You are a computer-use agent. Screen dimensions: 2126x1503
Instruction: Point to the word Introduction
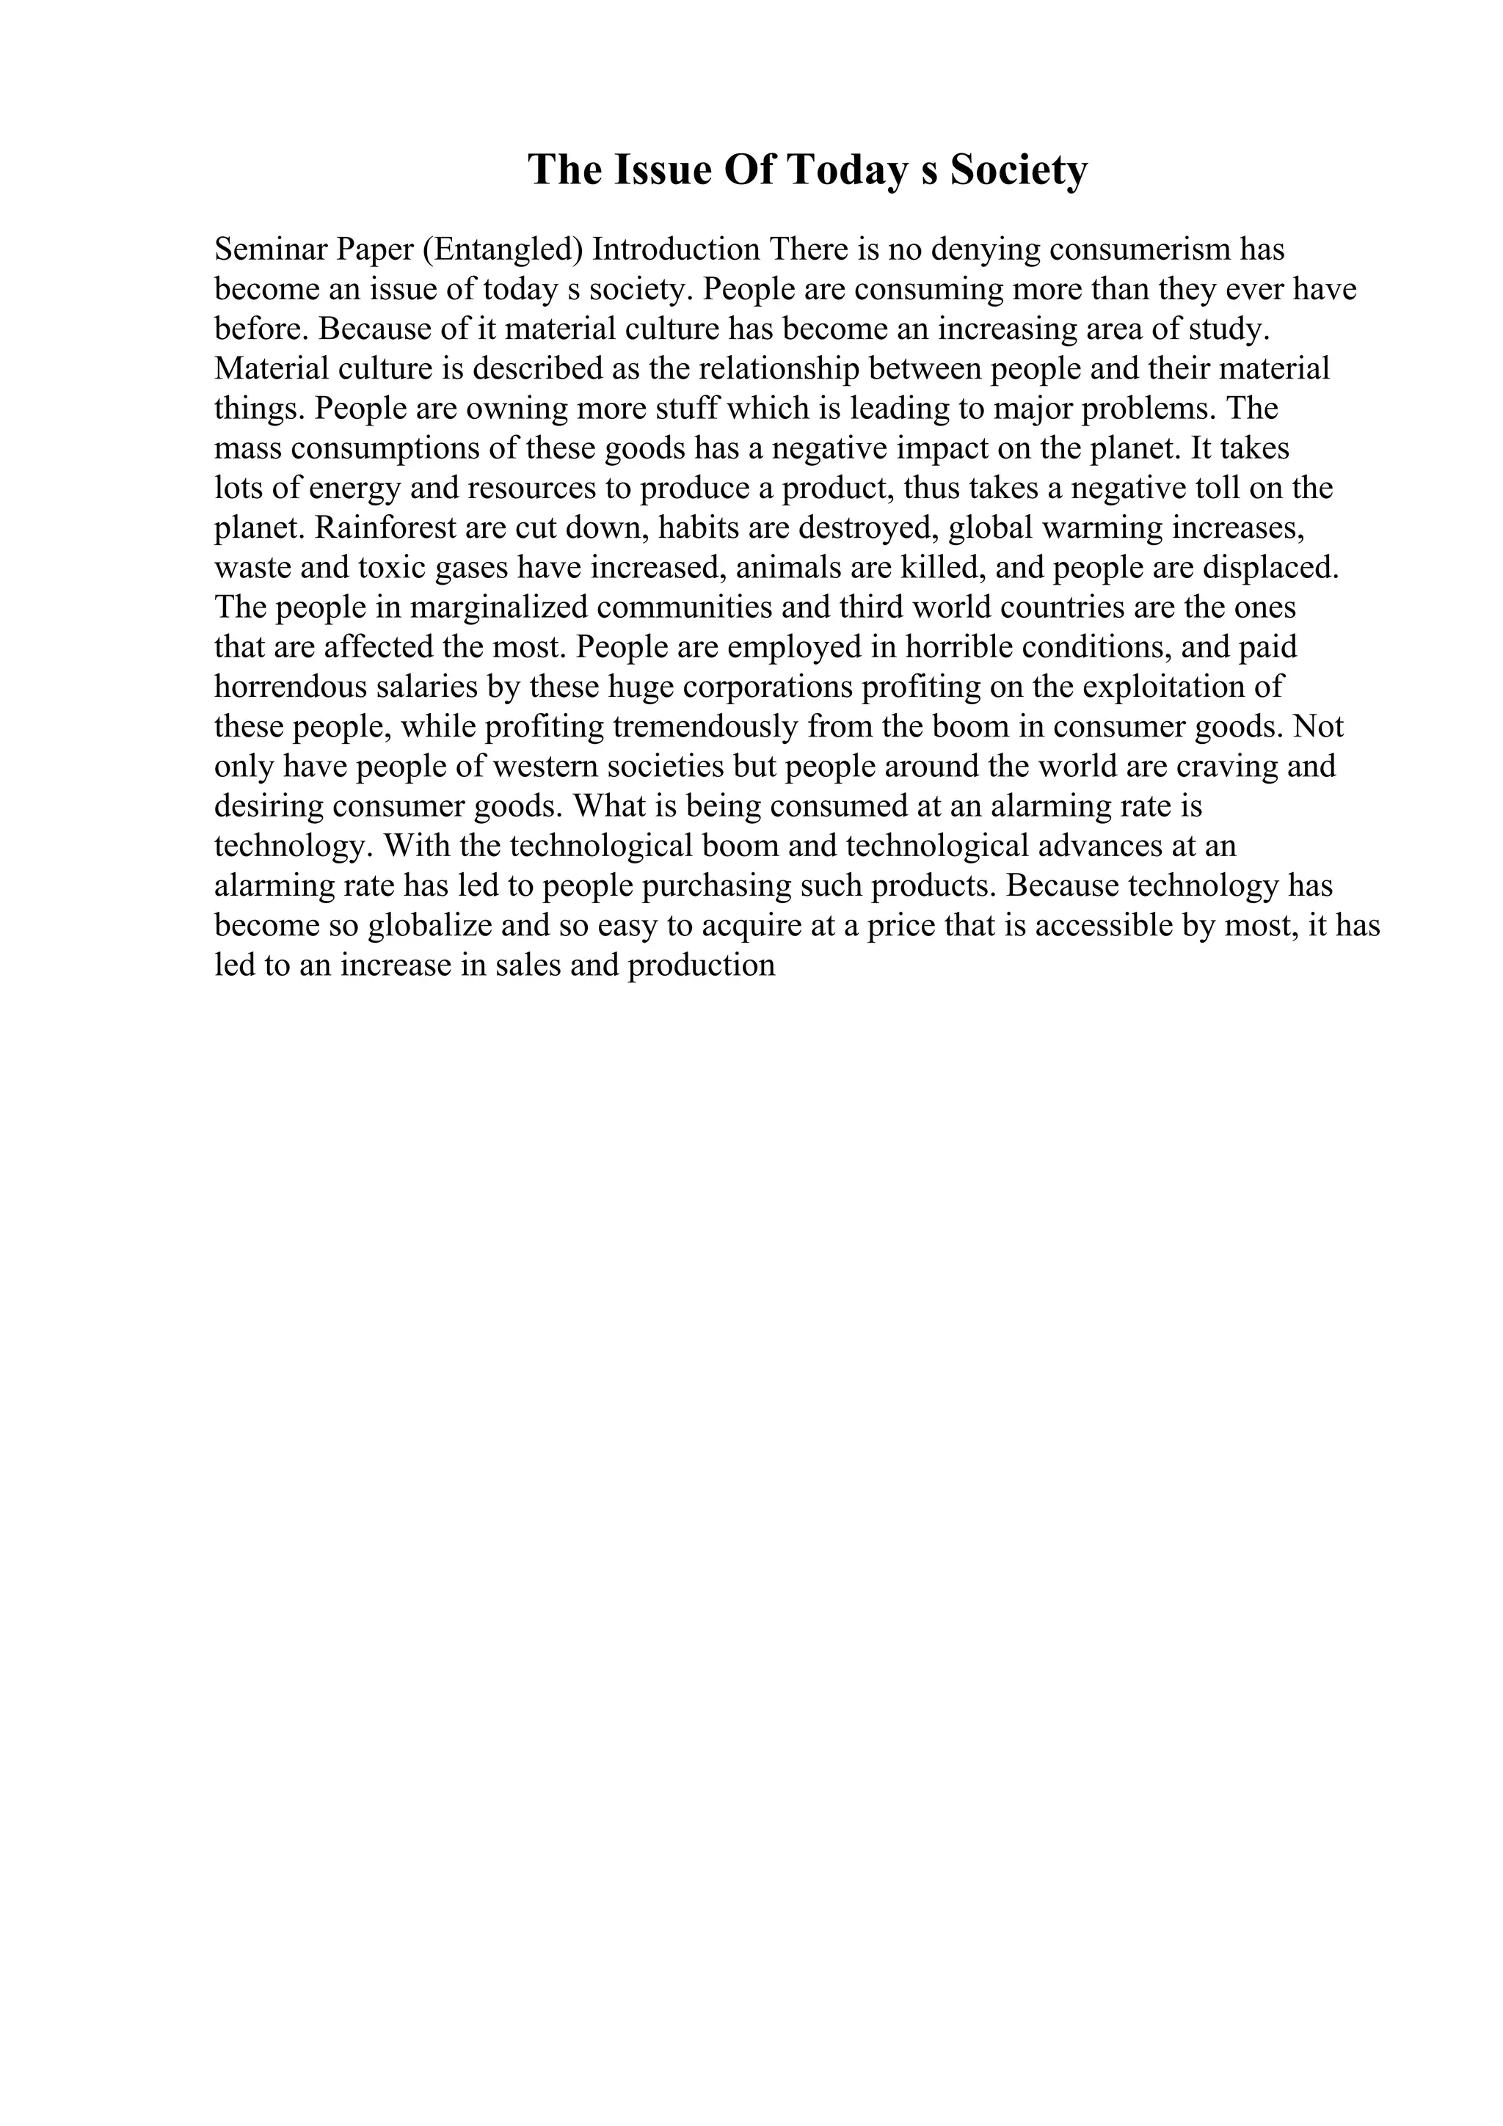[676, 249]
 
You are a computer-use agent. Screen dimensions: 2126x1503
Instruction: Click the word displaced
[1273, 568]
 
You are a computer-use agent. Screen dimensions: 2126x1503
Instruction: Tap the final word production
[701, 965]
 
